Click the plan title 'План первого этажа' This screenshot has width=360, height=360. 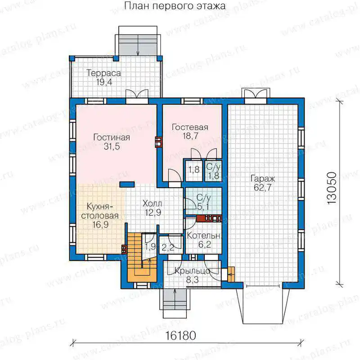coord(175,6)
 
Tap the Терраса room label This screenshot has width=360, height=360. coord(104,73)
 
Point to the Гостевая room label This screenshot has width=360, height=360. coord(190,127)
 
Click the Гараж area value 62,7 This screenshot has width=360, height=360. coord(263,188)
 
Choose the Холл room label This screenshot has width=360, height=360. coord(152,203)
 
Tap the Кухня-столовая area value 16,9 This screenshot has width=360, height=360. coord(100,225)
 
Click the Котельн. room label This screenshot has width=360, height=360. coord(204,235)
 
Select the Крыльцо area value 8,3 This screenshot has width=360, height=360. coord(193,280)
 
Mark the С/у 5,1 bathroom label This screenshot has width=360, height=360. coord(203,202)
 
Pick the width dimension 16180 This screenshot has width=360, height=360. coord(180,336)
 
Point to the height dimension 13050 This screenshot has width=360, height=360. coord(332,188)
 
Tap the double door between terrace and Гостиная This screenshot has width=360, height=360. coord(137,96)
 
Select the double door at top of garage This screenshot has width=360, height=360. coord(256,94)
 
